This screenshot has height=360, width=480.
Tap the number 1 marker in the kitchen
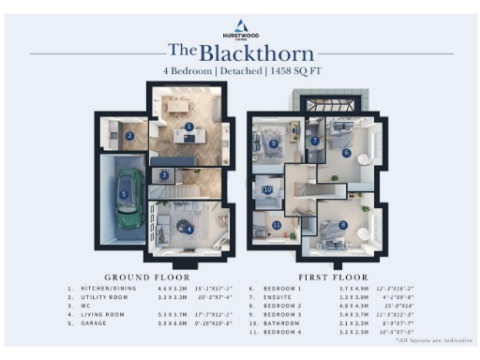(188, 126)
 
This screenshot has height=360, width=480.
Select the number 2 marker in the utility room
(130, 136)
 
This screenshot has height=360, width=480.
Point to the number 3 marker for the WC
(164, 175)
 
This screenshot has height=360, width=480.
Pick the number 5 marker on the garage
(124, 195)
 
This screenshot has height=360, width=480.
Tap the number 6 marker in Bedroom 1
(346, 153)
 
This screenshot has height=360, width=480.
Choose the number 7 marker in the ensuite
(315, 142)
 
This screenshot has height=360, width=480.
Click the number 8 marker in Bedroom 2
(343, 225)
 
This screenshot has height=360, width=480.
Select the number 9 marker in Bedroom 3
(273, 143)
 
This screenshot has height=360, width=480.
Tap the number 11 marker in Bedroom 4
(277, 226)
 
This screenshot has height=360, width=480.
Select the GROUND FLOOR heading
(146, 277)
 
